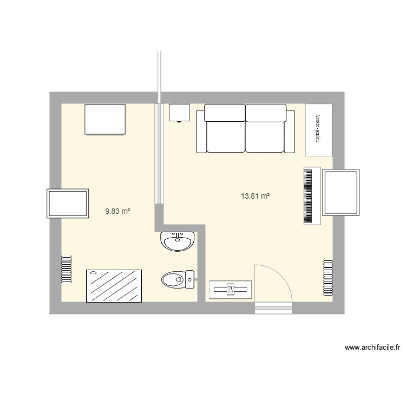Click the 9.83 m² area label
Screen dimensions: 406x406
(x=117, y=212)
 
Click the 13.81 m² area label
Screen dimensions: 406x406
(x=256, y=197)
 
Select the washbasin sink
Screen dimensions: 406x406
(x=176, y=241)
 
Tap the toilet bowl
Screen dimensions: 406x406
(x=173, y=280)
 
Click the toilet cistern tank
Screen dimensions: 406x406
(x=190, y=280)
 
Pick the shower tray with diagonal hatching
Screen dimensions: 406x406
(x=114, y=285)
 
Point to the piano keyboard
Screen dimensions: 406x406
(x=310, y=196)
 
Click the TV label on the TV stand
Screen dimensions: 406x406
(x=231, y=290)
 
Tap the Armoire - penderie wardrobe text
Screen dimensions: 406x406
(x=318, y=129)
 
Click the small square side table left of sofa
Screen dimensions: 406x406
(x=179, y=113)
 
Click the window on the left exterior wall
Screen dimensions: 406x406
(x=68, y=204)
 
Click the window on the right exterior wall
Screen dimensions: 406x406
(x=340, y=192)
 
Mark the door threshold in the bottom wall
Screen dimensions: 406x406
(x=273, y=308)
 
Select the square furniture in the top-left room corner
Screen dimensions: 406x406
(x=105, y=119)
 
